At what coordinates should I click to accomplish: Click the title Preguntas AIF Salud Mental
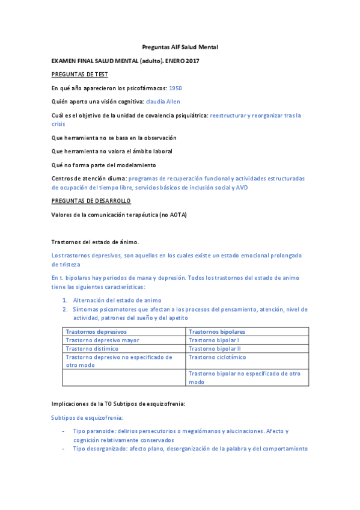coord(180,46)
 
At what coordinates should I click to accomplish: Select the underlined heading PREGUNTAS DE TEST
coord(79,74)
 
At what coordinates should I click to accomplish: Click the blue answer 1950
coord(175,88)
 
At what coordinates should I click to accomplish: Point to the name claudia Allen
coord(163,102)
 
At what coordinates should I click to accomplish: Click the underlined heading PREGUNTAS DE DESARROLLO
coord(91,200)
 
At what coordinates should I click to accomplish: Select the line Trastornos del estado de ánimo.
coord(95,242)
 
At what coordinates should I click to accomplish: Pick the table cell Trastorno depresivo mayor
coord(102,340)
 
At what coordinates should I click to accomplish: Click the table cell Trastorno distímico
coord(92,348)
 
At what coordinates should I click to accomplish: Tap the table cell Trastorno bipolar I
coord(213,340)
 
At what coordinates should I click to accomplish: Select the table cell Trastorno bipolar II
coord(215,348)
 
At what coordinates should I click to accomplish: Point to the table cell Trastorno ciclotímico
coord(217,357)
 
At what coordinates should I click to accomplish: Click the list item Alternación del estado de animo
coord(117,300)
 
